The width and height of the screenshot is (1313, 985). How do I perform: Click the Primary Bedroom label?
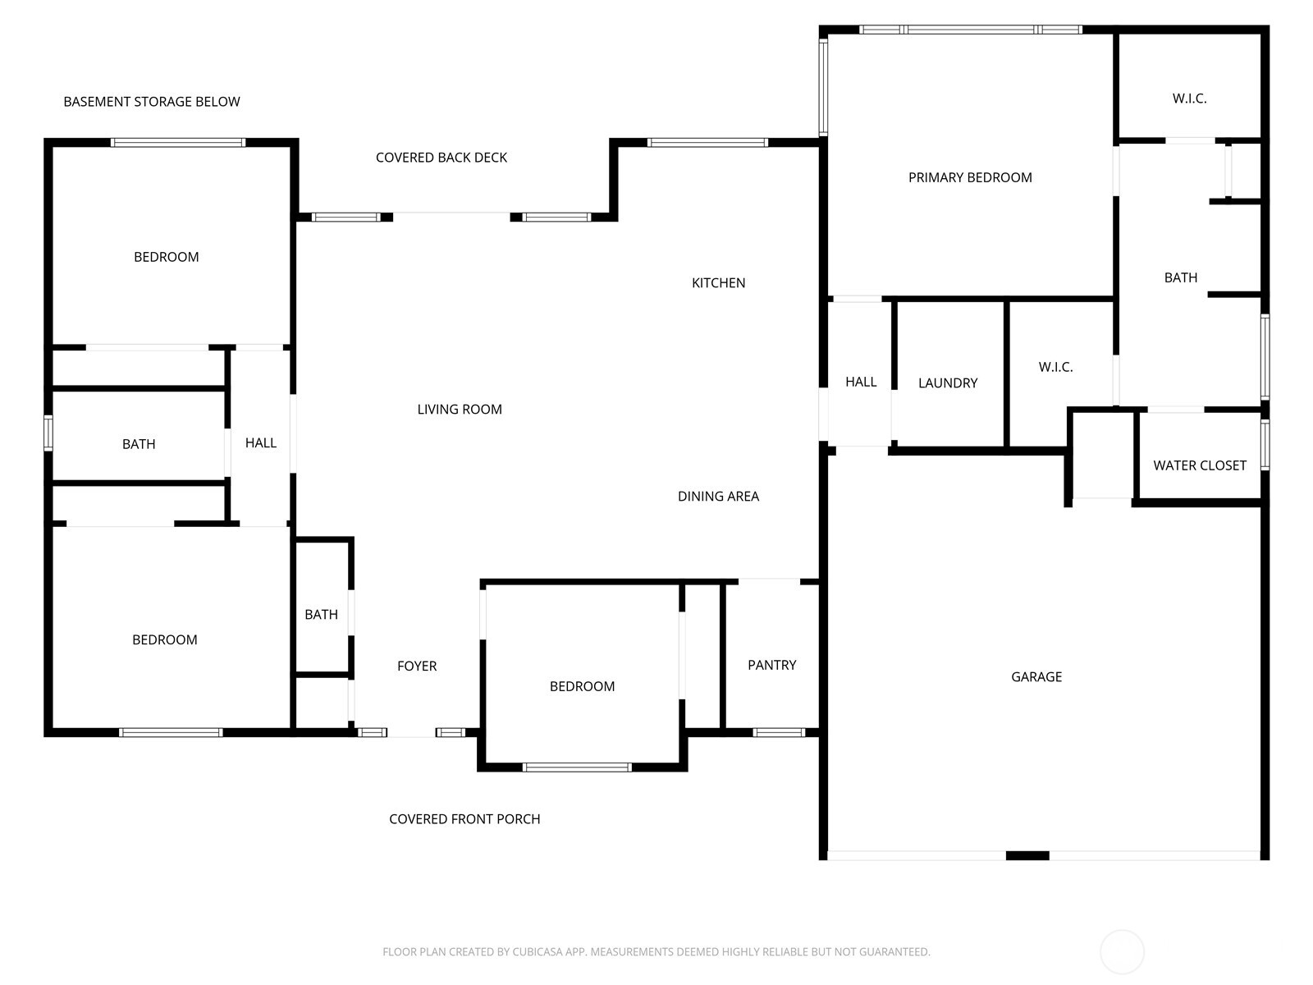coord(970,177)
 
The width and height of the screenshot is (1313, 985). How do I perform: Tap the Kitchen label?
coord(718,283)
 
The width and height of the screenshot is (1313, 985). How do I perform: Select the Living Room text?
coord(460,409)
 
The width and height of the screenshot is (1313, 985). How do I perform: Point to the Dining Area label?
coord(718,496)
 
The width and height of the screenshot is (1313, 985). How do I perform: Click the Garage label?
coord(1036,676)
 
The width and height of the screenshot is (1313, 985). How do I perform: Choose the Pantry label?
coord(771,664)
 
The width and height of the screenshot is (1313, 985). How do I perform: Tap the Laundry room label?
coord(948,383)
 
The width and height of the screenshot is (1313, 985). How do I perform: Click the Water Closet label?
coord(1200,465)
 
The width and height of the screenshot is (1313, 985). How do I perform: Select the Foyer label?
coord(417,666)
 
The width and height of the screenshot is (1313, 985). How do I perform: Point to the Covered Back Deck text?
coord(441,158)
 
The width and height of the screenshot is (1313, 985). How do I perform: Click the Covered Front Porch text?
coord(464,818)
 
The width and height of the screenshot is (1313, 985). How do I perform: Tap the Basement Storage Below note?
coord(151,102)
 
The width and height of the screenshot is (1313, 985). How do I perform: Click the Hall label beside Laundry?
coord(861,382)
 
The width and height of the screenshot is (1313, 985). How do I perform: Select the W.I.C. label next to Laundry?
coord(1055,367)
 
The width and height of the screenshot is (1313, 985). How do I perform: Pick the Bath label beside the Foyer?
coord(321,614)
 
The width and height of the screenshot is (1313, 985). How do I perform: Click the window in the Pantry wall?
coord(779,733)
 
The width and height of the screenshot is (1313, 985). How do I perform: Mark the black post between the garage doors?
coord(1027,856)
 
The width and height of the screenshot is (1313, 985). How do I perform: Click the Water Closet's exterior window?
coord(1265,444)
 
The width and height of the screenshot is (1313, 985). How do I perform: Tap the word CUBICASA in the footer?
coord(538,951)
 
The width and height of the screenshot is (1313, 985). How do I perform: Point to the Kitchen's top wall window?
coord(707,142)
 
